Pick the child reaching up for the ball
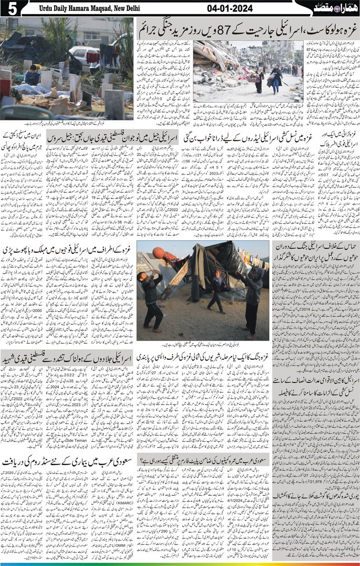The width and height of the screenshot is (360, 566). (x=151, y=294)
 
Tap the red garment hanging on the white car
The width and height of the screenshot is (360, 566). (x=93, y=58)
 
